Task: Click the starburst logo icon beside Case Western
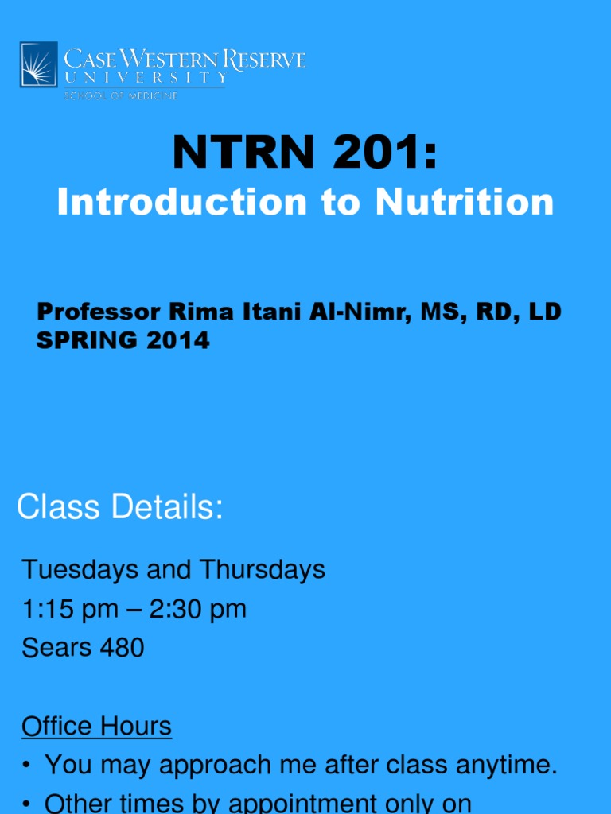(39, 64)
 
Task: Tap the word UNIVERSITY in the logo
(145, 78)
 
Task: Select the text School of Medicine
(121, 96)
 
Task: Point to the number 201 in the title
(379, 153)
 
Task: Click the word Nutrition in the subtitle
(465, 202)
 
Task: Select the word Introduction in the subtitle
(180, 202)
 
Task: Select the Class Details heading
(119, 507)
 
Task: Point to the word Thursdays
(263, 569)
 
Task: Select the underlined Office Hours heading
(96, 727)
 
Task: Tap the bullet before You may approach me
(27, 766)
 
